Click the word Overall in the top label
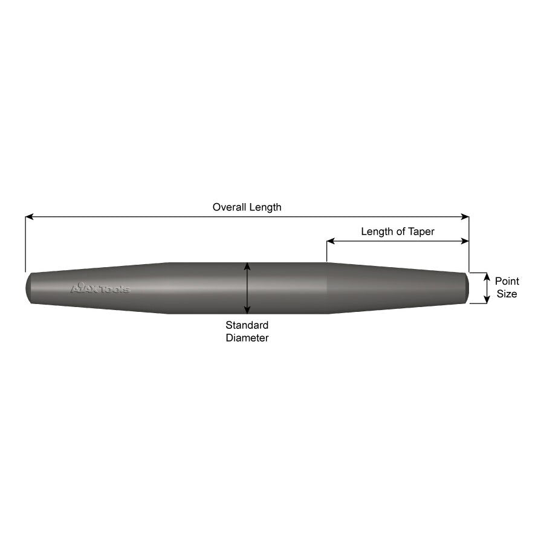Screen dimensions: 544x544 pyautogui.click(x=230, y=207)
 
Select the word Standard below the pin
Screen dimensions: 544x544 pyautogui.click(x=247, y=325)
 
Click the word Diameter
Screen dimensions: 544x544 pyautogui.click(x=247, y=338)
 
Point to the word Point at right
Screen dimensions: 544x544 pyautogui.click(x=507, y=281)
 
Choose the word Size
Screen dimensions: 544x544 pyautogui.click(x=507, y=294)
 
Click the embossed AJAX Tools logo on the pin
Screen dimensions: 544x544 pyautogui.click(x=100, y=289)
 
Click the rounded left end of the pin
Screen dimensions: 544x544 pyautogui.click(x=29, y=288)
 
